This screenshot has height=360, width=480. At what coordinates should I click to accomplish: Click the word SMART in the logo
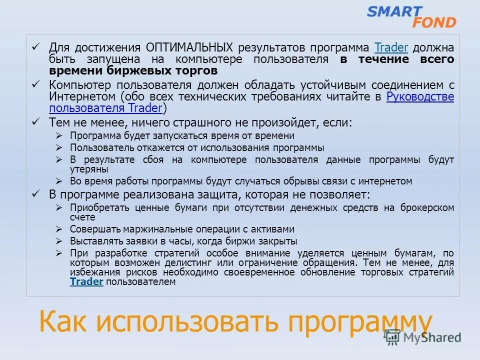[x=394, y=11]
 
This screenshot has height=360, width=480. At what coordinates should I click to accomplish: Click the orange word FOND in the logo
[x=434, y=22]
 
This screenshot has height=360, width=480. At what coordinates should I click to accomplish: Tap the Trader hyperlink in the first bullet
[x=391, y=48]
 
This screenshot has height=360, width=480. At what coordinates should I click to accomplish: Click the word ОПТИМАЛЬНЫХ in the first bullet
[x=189, y=48]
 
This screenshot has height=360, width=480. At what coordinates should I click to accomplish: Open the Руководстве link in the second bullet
[x=420, y=96]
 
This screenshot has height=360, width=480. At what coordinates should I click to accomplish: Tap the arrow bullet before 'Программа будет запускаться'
[x=59, y=135]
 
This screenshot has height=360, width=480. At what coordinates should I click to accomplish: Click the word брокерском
[x=427, y=207]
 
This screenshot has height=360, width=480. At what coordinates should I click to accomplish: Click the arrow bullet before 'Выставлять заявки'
[x=59, y=241]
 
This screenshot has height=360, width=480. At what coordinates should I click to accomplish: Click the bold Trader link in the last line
[x=86, y=282]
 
